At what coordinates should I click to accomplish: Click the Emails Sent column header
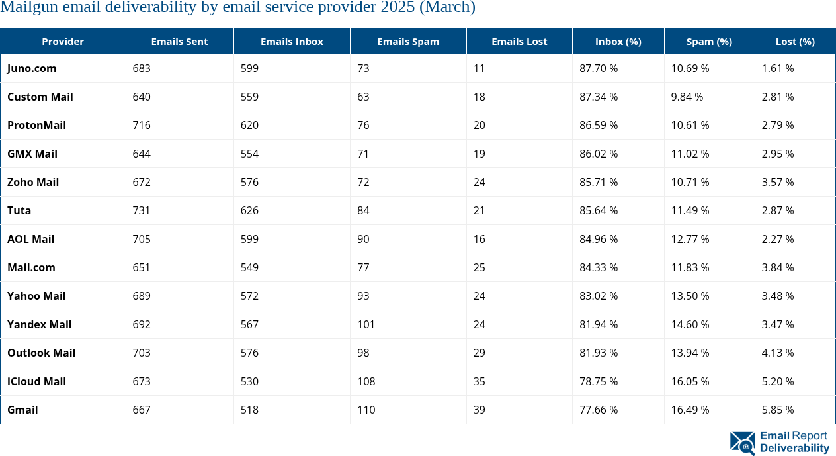click(x=179, y=41)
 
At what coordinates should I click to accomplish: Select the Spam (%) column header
click(x=709, y=41)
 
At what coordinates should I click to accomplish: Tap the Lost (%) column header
click(x=795, y=41)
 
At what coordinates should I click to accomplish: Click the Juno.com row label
click(x=32, y=68)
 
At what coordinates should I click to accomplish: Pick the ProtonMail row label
click(x=36, y=125)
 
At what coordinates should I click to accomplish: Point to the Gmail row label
click(x=22, y=410)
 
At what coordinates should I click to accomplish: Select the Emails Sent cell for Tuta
click(x=141, y=210)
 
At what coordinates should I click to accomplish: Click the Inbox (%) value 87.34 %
click(x=599, y=97)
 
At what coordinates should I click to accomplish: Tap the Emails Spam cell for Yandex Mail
click(x=366, y=324)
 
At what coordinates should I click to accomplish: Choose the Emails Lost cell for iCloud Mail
click(x=479, y=381)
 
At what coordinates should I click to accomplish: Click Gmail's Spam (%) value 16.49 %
click(x=690, y=410)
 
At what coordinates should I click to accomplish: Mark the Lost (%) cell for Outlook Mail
click(x=778, y=353)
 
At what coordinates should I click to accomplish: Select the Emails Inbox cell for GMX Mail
click(x=249, y=154)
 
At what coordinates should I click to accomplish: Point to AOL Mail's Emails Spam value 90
click(x=363, y=239)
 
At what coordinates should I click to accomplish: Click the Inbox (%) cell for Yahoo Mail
click(x=599, y=296)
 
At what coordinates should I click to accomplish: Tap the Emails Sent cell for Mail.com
click(x=141, y=267)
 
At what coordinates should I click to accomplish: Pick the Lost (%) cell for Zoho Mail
click(x=778, y=182)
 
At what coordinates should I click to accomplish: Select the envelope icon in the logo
click(x=743, y=443)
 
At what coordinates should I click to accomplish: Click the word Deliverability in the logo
click(x=794, y=448)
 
